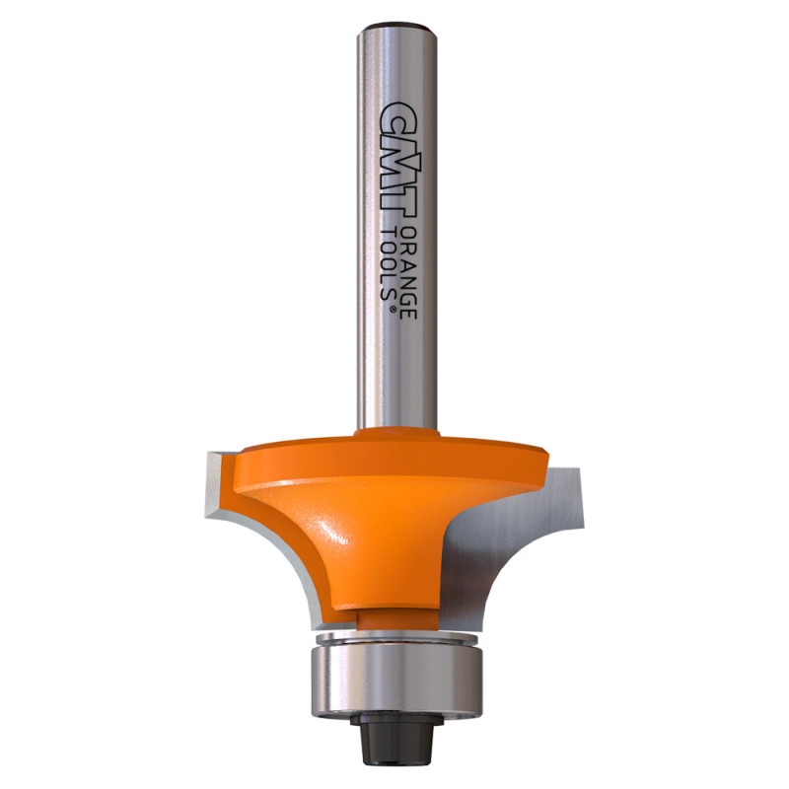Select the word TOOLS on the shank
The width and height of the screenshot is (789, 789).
(388, 263)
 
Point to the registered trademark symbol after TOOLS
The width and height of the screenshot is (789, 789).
(394, 309)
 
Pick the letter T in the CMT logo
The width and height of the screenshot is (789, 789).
(400, 204)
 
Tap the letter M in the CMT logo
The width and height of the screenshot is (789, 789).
(399, 160)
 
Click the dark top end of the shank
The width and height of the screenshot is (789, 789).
(396, 26)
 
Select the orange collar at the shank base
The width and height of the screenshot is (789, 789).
(397, 434)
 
